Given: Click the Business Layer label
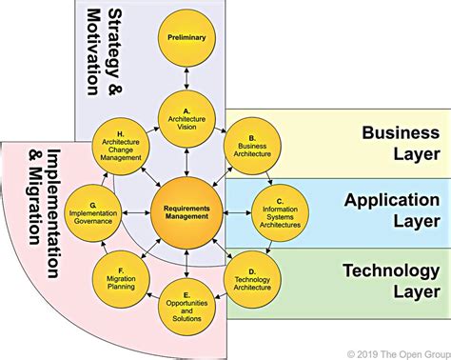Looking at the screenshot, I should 400,143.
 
